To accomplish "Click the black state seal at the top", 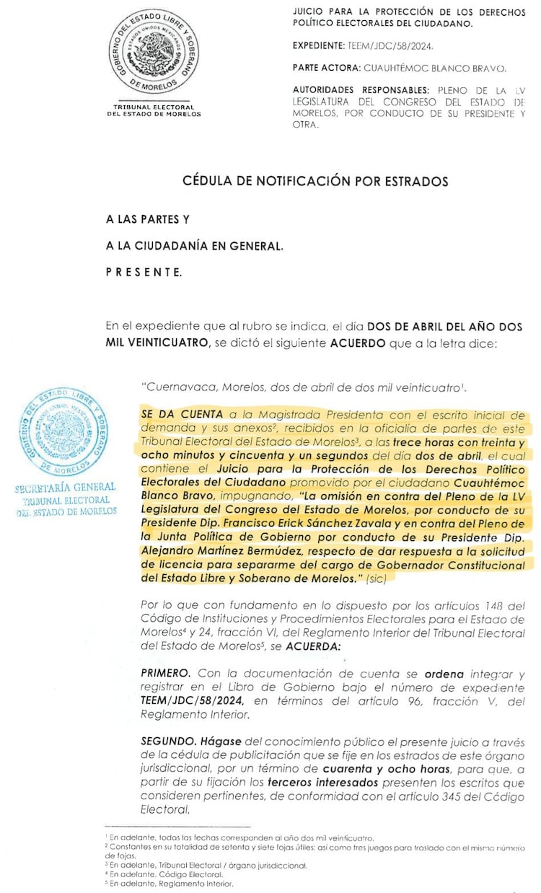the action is click(154, 53).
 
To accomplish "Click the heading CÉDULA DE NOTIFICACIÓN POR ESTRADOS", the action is click(315, 181).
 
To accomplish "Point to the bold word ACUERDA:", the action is click(312, 647).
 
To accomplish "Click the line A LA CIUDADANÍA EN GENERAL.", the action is click(195, 246).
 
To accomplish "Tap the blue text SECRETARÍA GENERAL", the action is click(66, 488).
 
